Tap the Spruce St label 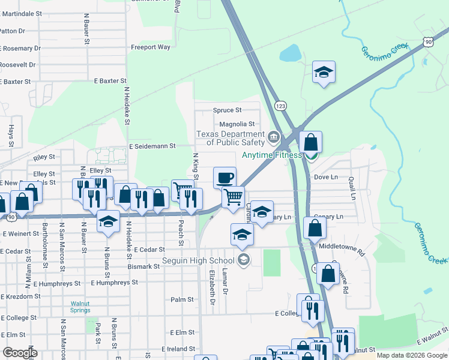click(227, 110)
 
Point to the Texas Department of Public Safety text click(231, 138)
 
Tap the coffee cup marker click(224, 177)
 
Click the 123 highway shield click(280, 105)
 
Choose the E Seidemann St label click(151, 146)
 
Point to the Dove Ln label click(326, 178)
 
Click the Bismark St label click(143, 266)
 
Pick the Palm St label click(182, 299)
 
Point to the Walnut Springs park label click(80, 307)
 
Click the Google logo click(20, 352)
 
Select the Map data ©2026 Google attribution click(411, 355)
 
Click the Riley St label click(44, 157)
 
